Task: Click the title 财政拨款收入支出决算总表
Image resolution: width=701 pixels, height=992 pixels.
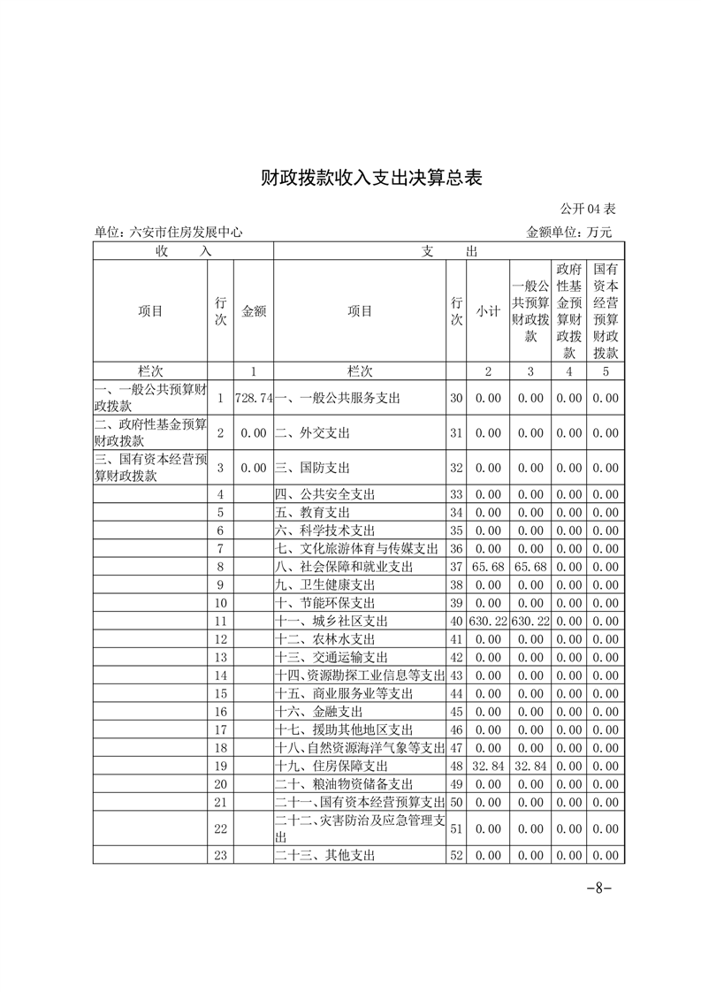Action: click(x=371, y=177)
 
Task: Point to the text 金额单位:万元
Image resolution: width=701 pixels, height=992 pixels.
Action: click(x=568, y=233)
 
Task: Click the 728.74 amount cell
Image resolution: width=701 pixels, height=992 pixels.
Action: click(x=254, y=399)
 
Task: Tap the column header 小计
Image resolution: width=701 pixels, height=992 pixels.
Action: click(x=488, y=311)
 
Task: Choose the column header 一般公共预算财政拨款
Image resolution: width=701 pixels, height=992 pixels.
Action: click(x=530, y=311)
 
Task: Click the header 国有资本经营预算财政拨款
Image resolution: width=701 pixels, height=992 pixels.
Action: click(x=606, y=311)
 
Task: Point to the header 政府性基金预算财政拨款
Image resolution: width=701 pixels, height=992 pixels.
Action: click(x=568, y=311)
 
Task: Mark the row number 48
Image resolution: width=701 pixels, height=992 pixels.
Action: click(x=457, y=765)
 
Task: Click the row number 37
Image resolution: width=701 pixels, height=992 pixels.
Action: click(x=457, y=566)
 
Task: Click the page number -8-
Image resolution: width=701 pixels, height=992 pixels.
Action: click(x=599, y=889)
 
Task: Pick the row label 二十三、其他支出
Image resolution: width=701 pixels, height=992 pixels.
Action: click(x=326, y=856)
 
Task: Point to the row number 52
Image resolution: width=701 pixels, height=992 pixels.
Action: click(x=457, y=856)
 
